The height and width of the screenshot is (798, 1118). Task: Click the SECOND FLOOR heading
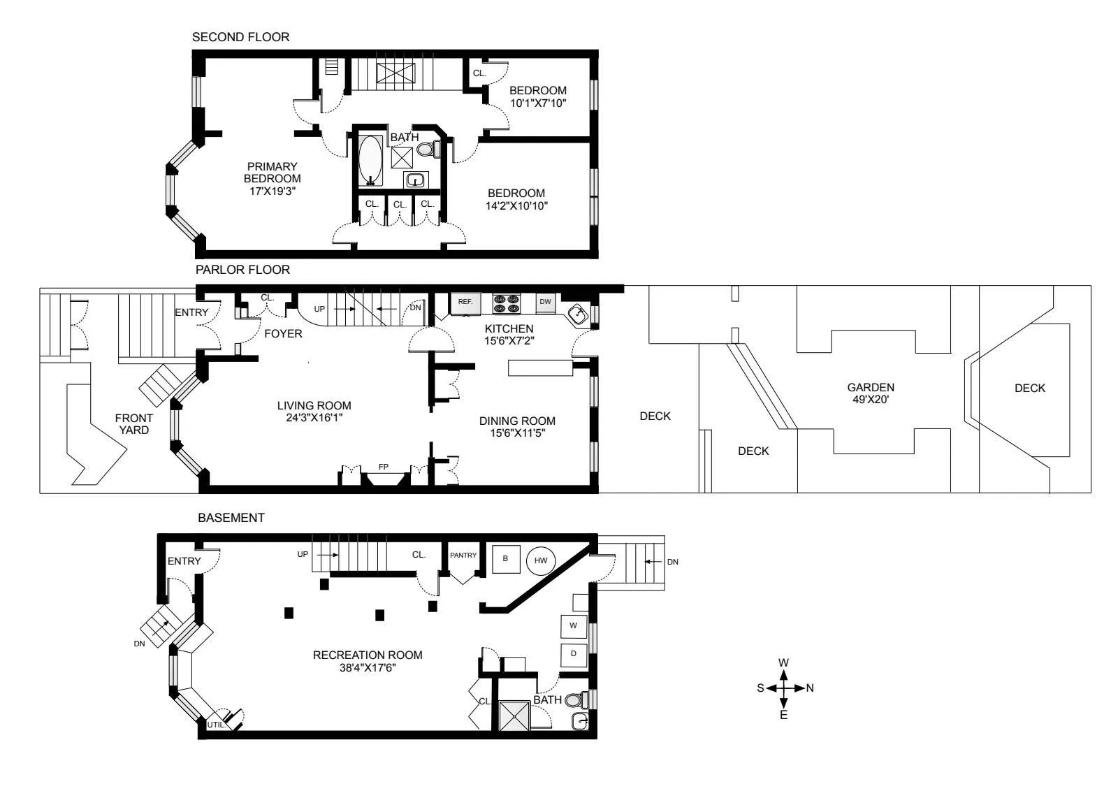point(240,37)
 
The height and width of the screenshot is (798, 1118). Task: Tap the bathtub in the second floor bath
point(370,160)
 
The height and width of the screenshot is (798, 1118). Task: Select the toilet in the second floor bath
point(428,149)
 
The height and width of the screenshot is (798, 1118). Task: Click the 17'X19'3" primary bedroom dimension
point(273,191)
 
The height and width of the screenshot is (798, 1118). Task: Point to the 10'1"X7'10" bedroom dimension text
point(537,103)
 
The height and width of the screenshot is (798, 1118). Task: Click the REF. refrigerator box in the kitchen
point(465,303)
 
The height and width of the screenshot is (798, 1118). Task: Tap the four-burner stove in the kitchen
point(507,303)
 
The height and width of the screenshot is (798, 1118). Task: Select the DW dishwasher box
point(546,303)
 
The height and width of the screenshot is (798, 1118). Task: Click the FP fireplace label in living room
point(384,466)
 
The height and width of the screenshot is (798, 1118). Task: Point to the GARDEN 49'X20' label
point(871,393)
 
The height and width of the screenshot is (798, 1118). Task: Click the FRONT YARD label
point(133,424)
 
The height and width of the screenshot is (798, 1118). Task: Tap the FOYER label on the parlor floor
point(283,334)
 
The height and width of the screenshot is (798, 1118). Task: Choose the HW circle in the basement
point(541,560)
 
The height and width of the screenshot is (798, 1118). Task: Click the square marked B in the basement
point(506,559)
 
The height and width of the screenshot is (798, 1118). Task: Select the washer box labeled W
point(573,626)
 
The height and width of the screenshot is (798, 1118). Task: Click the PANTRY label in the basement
point(463,556)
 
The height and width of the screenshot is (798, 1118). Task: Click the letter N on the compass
point(810,688)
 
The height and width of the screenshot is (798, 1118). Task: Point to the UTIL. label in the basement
point(216,725)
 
